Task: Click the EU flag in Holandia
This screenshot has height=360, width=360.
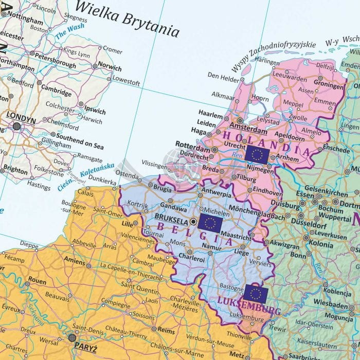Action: coord(257,154)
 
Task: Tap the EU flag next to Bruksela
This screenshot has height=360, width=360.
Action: coord(210,222)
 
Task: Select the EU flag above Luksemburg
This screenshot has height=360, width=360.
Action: coord(255,293)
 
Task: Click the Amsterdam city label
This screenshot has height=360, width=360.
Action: coord(244,126)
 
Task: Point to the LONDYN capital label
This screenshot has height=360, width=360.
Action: coord(22,118)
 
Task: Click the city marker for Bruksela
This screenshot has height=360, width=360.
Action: coord(193,222)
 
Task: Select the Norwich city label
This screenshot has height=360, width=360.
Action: coord(110,68)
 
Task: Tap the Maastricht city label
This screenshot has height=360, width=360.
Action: coord(236,238)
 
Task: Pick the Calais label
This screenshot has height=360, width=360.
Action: coord(85,194)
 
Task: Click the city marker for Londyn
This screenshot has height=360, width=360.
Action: coord(17,126)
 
